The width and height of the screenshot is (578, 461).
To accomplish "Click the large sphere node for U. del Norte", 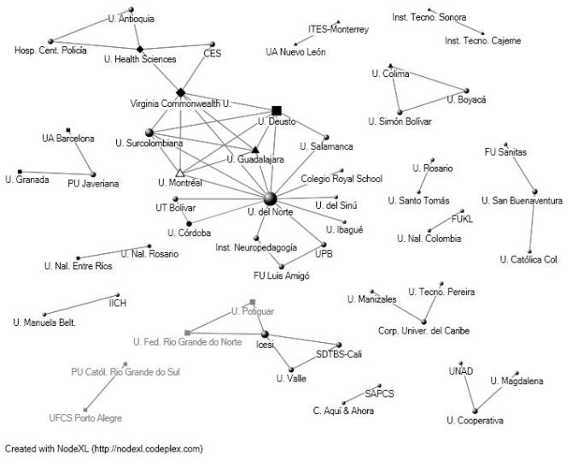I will (271, 198).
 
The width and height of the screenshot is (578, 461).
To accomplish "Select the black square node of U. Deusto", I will (276, 110).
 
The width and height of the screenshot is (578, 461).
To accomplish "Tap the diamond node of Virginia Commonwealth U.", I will (180, 92).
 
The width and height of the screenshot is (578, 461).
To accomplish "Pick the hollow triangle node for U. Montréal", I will (180, 173).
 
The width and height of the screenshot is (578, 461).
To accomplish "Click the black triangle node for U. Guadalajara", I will (255, 151).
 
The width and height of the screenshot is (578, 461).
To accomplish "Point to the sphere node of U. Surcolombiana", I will (149, 133).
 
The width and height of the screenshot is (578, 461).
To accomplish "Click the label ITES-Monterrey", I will (338, 29).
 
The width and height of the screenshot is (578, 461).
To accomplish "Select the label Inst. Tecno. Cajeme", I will (482, 40).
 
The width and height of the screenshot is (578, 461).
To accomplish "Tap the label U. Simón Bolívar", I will (400, 121).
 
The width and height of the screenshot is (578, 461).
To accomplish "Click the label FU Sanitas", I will (505, 152).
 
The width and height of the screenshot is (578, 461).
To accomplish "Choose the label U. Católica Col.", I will (529, 259).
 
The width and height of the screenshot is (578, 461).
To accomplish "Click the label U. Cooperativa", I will (475, 420).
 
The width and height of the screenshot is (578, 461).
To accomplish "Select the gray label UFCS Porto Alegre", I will (85, 418).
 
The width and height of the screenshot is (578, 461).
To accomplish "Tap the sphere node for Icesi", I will (265, 334).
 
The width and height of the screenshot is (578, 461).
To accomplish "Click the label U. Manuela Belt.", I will (44, 322).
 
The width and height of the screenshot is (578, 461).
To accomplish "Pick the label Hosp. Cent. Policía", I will (50, 51).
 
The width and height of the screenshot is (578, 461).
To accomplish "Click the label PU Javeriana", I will (93, 183).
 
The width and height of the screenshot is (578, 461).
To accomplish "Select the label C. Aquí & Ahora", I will (344, 411).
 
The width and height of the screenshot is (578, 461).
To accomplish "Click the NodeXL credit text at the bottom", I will (103, 447).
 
